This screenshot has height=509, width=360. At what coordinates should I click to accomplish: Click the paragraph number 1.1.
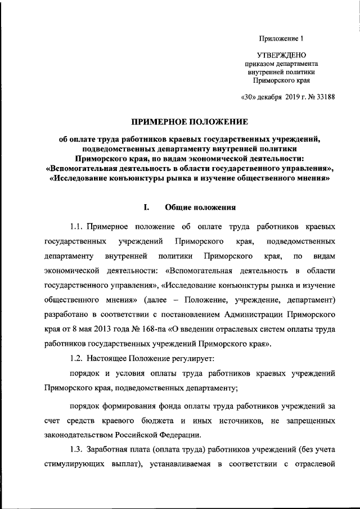(x=77, y=227)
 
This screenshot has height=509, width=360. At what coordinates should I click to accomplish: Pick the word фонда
(x=175, y=404)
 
